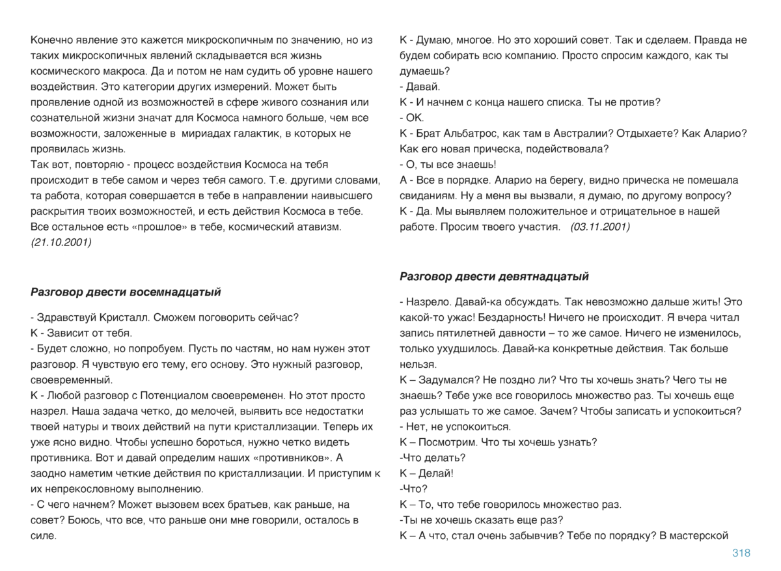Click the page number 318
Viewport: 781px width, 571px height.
point(741,553)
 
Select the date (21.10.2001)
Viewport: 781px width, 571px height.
point(61,242)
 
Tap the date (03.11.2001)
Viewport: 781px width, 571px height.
point(599,227)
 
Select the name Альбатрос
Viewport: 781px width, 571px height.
point(462,133)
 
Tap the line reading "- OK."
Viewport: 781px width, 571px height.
point(411,118)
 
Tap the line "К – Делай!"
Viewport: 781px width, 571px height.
point(426,473)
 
